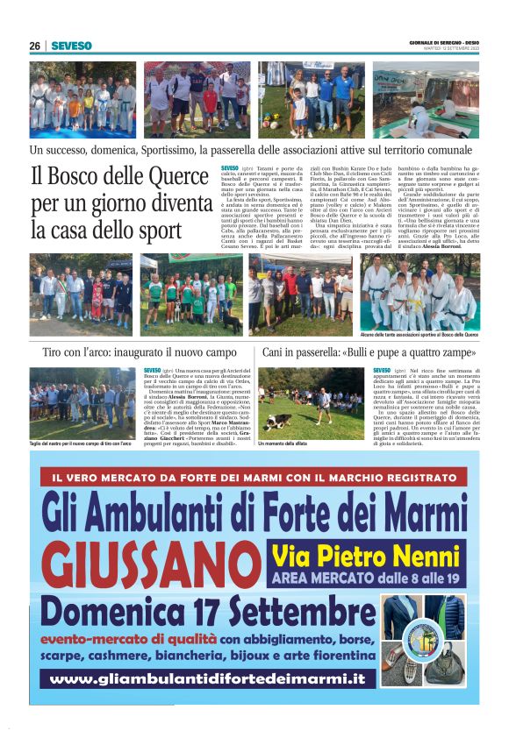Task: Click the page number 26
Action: click(34, 46)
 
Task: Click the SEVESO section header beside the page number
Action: click(71, 46)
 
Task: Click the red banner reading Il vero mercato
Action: click(254, 478)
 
